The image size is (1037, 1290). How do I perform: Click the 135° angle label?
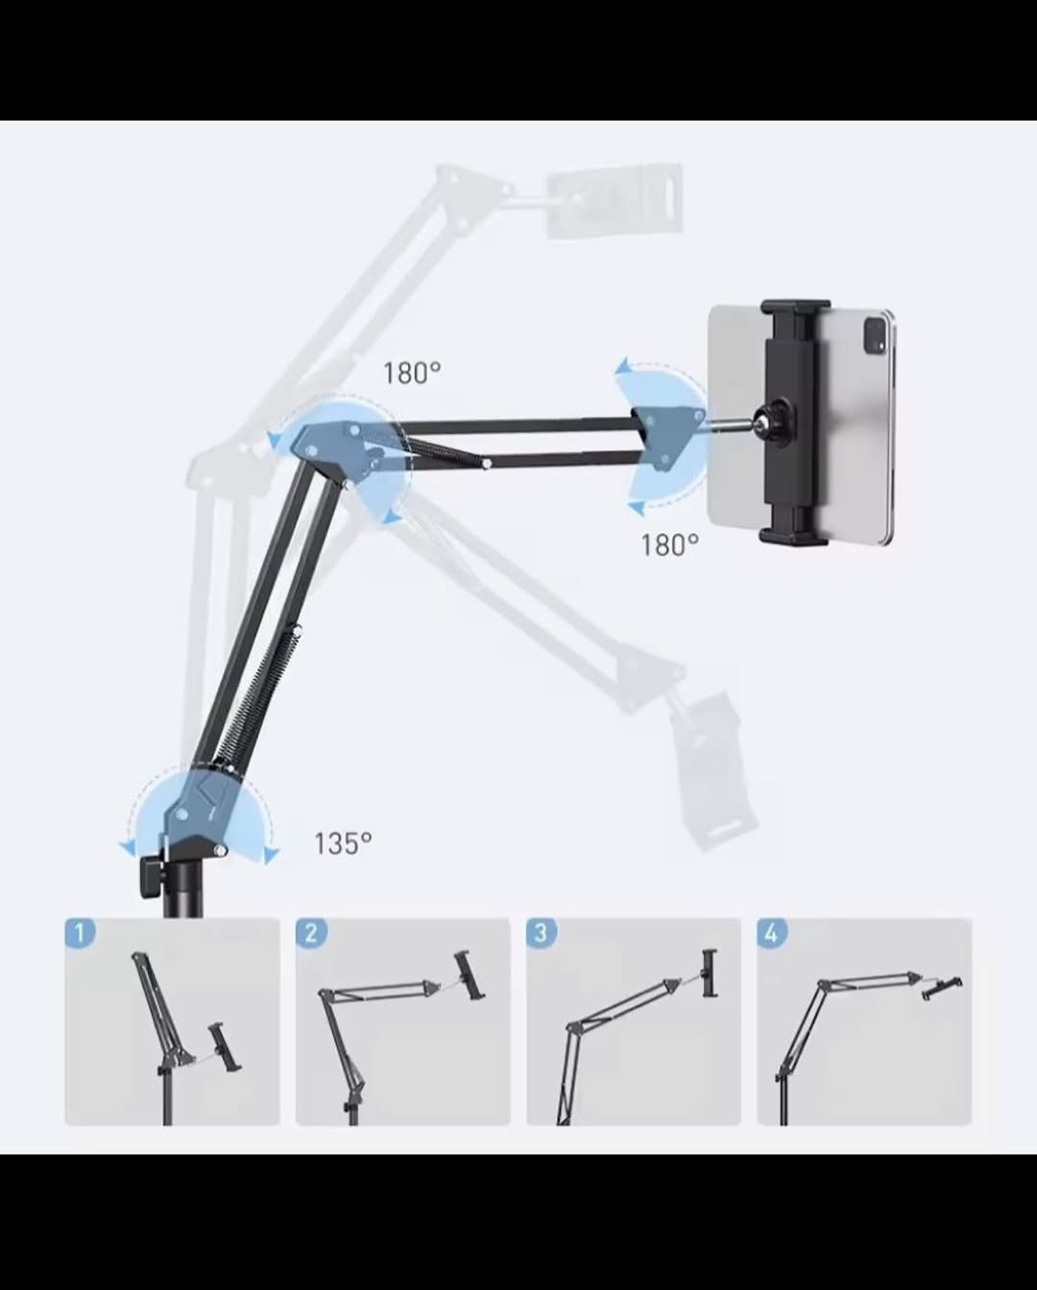pos(343,843)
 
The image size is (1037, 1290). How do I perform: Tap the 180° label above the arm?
pos(412,373)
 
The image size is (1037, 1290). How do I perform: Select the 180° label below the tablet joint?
pos(669,546)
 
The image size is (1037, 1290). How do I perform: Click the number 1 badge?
pos(80,934)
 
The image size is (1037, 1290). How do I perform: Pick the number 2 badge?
pos(311,934)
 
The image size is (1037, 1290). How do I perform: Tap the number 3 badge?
pos(542,934)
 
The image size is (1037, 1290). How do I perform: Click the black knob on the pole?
pos(150,876)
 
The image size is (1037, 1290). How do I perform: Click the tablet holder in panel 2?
pos(470,975)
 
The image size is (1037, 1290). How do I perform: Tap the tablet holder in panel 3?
pos(711,973)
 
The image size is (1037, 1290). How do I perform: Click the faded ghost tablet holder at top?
pos(615,200)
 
